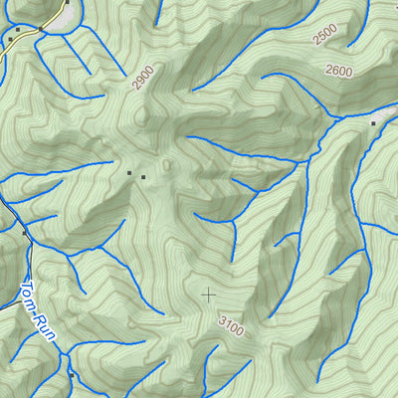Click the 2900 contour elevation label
[142, 78]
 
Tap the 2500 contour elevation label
[325, 37]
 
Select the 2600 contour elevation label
[339, 71]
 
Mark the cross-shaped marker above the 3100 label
[208, 295]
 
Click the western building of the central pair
[129, 174]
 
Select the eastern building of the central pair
[143, 177]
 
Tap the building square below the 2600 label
[373, 123]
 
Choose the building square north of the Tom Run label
[26, 232]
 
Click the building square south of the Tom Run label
[71, 375]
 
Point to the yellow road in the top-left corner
[30, 37]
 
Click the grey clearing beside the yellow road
[62, 15]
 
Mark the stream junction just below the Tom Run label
[62, 350]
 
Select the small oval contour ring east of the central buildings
[166, 165]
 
